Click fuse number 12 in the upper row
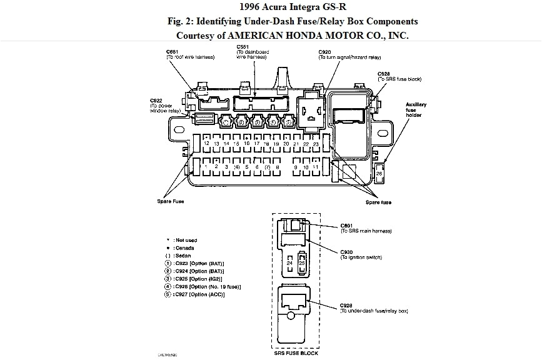pyautogui.click(x=206, y=143)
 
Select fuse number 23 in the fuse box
pyautogui.click(x=316, y=143)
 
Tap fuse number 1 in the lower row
pyautogui.click(x=206, y=167)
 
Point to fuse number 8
pyautogui.click(x=277, y=167)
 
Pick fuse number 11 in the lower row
pyautogui.click(x=316, y=167)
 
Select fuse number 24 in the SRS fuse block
pyautogui.click(x=289, y=263)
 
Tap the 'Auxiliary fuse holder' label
pyautogui.click(x=414, y=109)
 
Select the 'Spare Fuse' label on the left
pyautogui.click(x=169, y=201)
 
